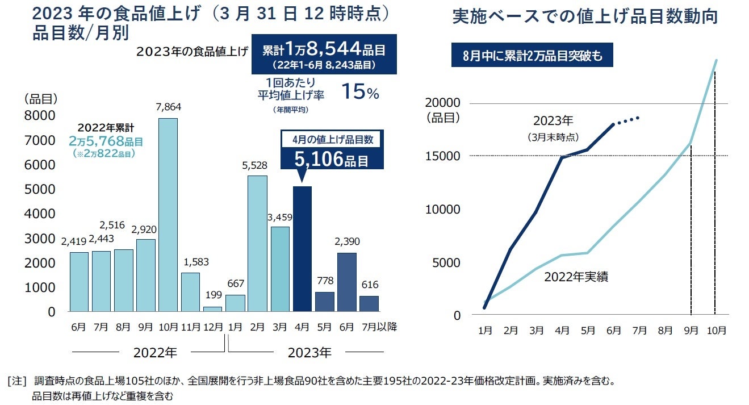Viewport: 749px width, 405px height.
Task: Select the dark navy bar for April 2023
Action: tap(302, 249)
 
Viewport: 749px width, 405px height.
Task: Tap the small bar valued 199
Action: tap(212, 309)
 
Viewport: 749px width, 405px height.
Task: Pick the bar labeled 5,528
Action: tap(258, 243)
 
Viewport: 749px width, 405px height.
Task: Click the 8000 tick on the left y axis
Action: tap(40, 116)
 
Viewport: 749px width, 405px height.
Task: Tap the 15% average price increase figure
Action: tap(359, 93)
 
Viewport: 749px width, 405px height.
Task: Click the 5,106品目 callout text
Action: tap(332, 160)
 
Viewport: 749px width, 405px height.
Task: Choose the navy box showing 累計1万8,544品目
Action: tap(324, 55)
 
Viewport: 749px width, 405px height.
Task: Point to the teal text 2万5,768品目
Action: tap(106, 140)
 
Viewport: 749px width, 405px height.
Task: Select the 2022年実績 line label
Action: tap(576, 278)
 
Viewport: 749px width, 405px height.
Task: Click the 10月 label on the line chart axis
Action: tap(715, 330)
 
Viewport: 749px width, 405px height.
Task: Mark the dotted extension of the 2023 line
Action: tap(627, 119)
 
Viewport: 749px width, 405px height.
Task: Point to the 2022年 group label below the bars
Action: tap(155, 353)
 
